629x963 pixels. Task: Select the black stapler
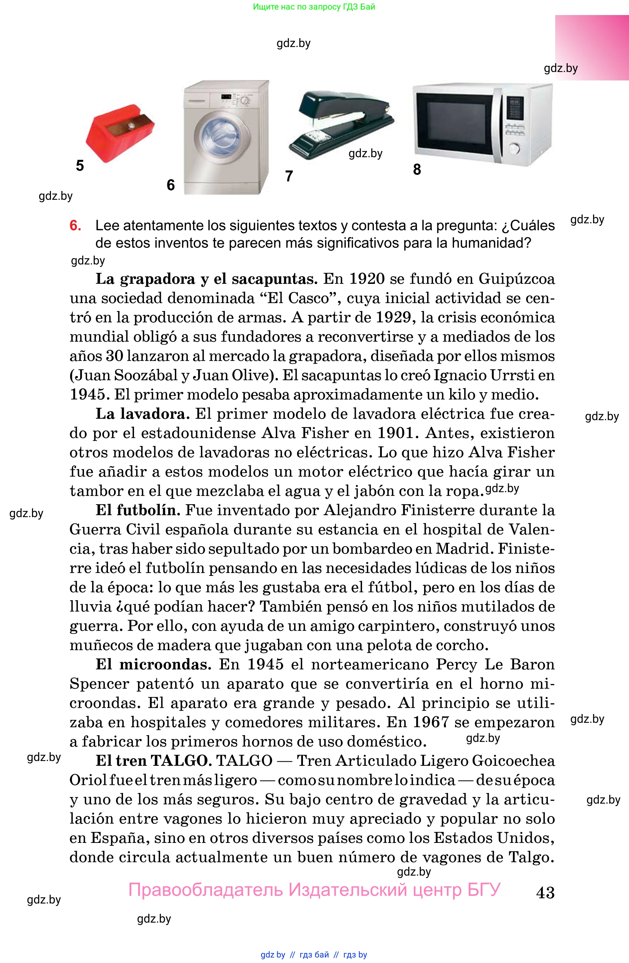342,123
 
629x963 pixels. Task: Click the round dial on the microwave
514,148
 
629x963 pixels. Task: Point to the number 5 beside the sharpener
80,166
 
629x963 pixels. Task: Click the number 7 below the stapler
289,176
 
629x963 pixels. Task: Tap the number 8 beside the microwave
417,170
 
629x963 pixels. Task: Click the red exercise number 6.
75,226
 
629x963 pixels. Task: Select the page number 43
545,892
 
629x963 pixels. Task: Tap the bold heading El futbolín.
138,510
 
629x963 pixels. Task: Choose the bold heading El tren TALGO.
154,761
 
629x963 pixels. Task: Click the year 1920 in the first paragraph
366,279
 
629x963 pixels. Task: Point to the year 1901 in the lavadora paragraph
395,433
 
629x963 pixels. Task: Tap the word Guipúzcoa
517,279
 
